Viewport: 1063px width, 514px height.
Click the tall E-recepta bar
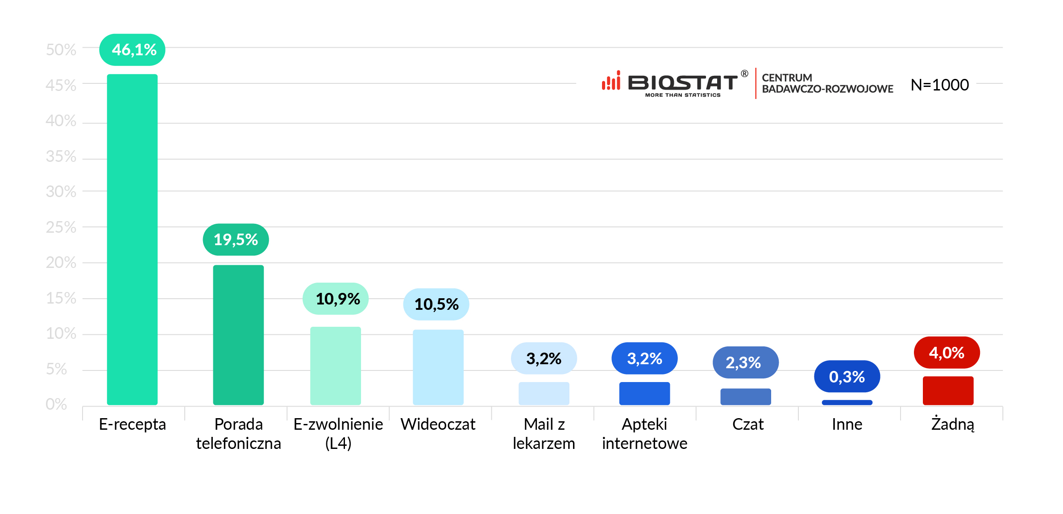tap(132, 239)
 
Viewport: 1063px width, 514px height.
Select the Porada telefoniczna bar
tap(238, 335)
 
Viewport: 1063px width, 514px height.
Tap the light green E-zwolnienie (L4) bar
tap(336, 366)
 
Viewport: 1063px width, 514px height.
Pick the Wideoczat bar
tap(438, 367)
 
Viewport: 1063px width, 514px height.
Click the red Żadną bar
tap(948, 391)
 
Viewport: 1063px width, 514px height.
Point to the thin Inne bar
tap(847, 403)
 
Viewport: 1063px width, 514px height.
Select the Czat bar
tap(746, 396)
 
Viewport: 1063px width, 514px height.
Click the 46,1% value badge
tap(133, 50)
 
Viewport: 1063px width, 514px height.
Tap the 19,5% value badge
tap(236, 240)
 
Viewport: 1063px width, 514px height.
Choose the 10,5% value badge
tap(436, 304)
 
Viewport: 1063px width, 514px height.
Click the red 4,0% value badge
tap(947, 353)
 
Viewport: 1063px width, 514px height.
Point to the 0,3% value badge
tap(847, 377)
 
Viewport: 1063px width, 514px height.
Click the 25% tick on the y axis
tap(61, 227)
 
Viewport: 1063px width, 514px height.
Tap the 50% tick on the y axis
tap(61, 50)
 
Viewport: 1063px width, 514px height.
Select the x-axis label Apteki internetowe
tap(644, 433)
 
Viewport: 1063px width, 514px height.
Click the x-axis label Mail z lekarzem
tap(544, 433)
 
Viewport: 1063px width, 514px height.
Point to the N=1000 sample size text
tap(939, 85)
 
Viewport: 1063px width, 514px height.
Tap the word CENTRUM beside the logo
tap(787, 78)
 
